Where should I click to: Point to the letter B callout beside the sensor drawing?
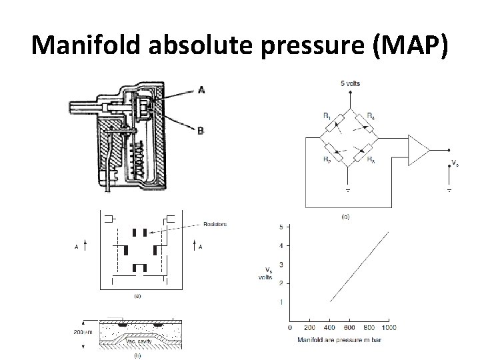(x=201, y=131)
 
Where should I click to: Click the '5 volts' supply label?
(x=349, y=83)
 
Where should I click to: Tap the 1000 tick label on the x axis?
(x=389, y=327)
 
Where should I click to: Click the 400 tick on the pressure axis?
(x=329, y=327)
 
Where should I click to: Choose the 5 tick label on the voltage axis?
(x=281, y=227)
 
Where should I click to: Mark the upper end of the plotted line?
(x=388, y=231)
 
